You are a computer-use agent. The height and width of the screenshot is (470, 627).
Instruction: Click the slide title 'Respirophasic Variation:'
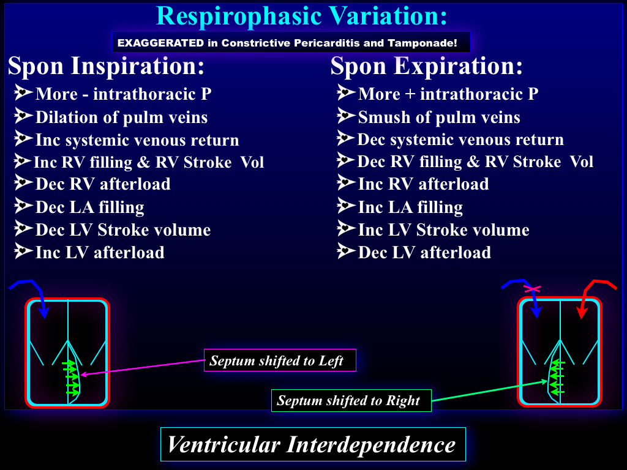pos(301,16)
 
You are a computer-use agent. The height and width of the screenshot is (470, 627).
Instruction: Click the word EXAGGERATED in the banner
pos(160,43)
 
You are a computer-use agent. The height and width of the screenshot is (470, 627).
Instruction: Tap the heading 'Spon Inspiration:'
pos(106,65)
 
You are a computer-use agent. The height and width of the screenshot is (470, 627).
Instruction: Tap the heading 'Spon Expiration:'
pos(427,65)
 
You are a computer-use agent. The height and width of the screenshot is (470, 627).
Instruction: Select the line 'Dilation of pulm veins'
pos(122,117)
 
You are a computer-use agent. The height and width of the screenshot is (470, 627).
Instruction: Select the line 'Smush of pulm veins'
pos(439,117)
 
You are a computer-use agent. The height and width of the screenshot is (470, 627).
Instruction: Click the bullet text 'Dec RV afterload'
pos(103,184)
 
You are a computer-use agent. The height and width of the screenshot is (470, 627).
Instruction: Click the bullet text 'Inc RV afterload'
pos(424,184)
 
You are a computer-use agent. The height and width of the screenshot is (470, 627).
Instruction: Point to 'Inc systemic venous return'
pos(137,140)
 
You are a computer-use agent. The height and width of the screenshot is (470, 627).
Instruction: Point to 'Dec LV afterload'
pos(424,252)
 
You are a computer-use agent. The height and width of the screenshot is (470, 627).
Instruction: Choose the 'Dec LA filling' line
pos(89,207)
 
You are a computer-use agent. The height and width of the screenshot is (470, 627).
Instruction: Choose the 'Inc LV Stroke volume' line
pos(443,230)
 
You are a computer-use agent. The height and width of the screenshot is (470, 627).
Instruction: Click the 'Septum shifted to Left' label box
pos(280,360)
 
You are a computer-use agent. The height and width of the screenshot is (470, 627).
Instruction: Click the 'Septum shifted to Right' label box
pos(351,400)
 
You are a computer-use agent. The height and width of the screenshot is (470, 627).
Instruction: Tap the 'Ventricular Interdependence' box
pos(313,444)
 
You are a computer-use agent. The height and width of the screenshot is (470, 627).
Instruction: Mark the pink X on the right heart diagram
pos(532,289)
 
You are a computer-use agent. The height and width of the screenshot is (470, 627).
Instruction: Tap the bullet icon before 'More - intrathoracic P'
pos(23,93)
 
